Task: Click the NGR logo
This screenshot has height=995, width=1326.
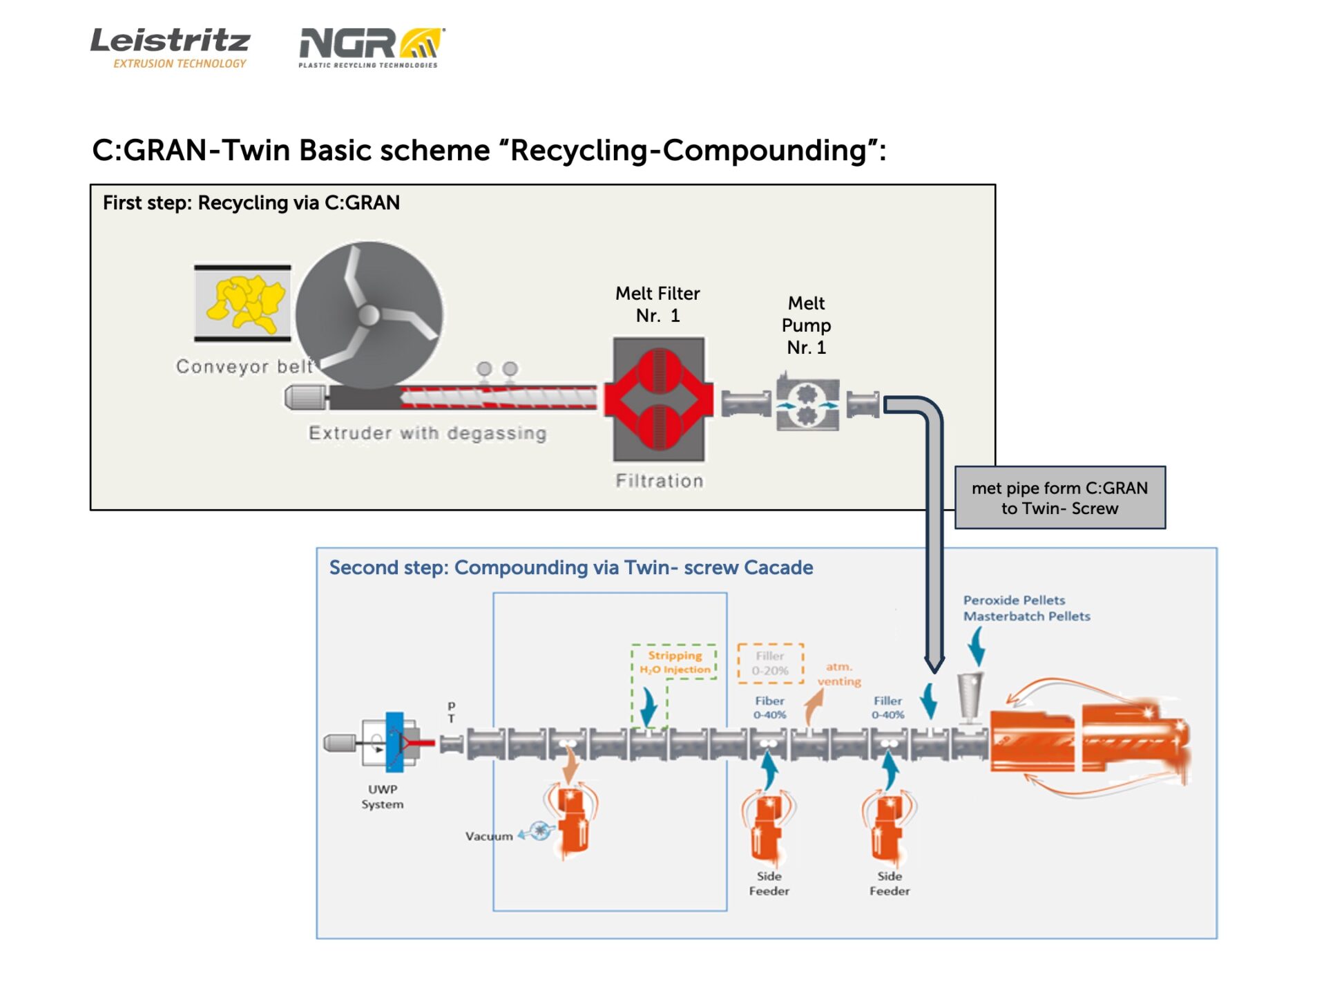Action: click(x=371, y=47)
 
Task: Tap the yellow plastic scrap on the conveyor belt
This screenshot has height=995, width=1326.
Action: click(x=246, y=302)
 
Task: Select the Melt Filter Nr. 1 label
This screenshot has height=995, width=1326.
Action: click(x=657, y=304)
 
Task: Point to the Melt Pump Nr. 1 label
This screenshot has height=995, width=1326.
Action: click(x=806, y=325)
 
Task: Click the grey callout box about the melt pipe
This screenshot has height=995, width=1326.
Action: click(x=1059, y=497)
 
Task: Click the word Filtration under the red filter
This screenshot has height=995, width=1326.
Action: click(x=660, y=481)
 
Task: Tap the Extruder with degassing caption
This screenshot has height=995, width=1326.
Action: click(x=427, y=433)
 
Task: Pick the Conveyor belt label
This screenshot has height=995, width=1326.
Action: click(x=244, y=366)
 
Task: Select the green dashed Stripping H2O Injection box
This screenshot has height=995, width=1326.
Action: click(x=674, y=662)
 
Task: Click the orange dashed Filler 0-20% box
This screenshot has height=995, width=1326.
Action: click(x=770, y=663)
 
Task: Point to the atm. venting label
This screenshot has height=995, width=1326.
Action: click(x=839, y=674)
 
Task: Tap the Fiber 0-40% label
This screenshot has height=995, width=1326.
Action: click(x=769, y=707)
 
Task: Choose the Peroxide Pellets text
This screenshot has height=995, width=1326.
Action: click(x=1014, y=600)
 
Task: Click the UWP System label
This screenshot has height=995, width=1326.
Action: click(x=383, y=796)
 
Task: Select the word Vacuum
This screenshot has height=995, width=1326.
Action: click(x=489, y=836)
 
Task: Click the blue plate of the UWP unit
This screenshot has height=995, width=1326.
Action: click(x=394, y=742)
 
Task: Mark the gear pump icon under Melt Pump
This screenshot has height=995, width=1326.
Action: click(x=807, y=405)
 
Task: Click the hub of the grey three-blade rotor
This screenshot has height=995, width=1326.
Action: click(x=369, y=315)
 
